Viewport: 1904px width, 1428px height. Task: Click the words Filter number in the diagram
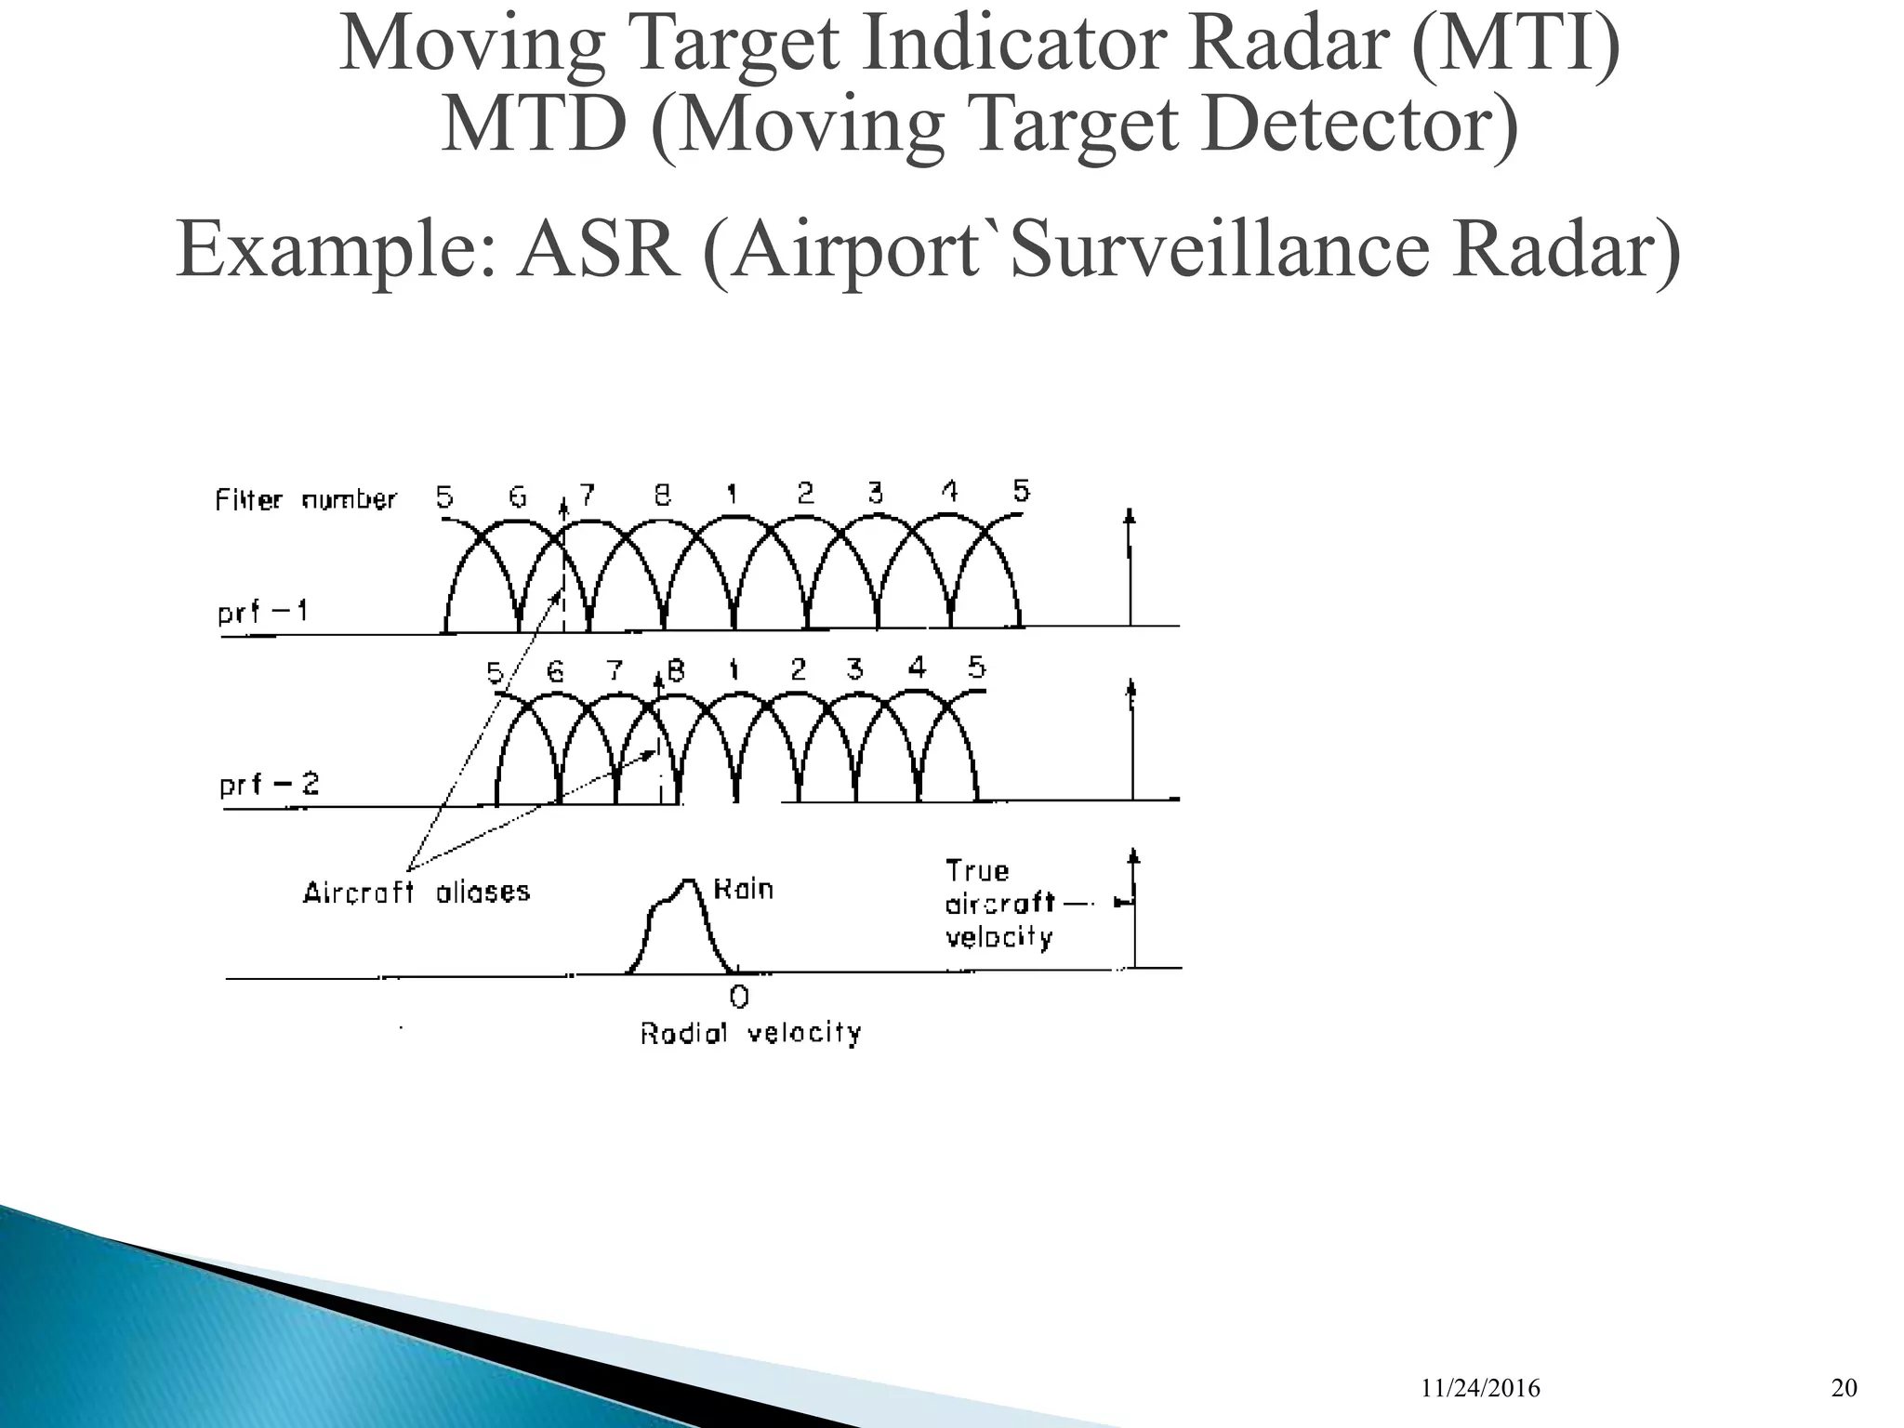click(305, 500)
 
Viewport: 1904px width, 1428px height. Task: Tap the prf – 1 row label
click(263, 614)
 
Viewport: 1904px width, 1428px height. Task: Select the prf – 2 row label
click(269, 785)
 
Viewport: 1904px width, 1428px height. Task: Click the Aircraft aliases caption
click(416, 892)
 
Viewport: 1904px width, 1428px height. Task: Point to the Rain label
click(743, 889)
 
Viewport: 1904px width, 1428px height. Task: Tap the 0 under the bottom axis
click(739, 998)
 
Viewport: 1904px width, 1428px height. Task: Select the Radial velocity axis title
click(750, 1033)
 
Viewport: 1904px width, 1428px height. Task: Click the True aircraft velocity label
click(999, 904)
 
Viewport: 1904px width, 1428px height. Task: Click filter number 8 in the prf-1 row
click(662, 496)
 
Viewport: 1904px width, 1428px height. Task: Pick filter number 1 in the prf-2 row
click(734, 669)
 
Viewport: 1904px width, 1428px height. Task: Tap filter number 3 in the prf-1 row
click(875, 493)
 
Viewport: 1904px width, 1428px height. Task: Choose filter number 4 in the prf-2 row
click(917, 668)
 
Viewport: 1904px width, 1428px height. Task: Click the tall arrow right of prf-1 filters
click(1130, 567)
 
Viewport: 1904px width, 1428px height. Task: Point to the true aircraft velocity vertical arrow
click(1133, 911)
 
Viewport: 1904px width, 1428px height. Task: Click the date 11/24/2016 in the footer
click(1480, 1389)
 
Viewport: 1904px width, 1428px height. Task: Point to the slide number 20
click(1844, 1389)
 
